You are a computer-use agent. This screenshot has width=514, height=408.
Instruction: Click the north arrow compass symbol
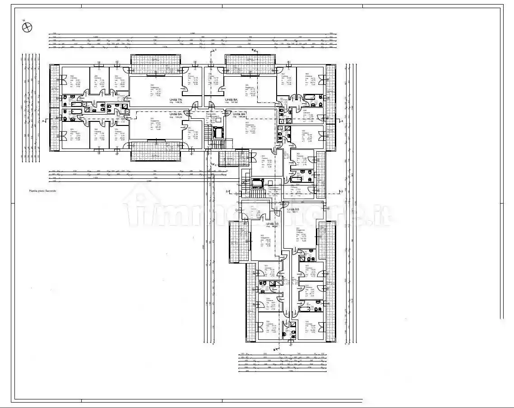point(27,27)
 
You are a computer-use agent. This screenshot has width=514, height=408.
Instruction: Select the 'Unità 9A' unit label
point(239,114)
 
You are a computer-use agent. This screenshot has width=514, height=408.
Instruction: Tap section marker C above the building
point(216,49)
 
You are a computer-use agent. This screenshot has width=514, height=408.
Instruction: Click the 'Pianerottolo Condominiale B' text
point(276,189)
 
